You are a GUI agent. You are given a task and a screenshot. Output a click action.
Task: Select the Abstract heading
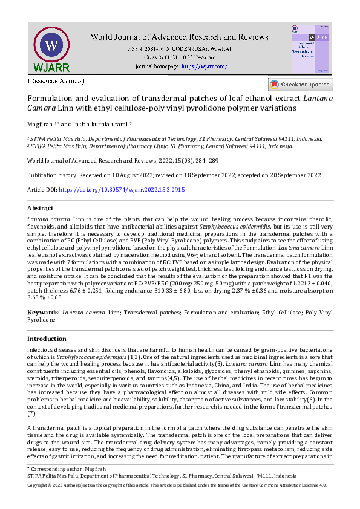(x=41, y=208)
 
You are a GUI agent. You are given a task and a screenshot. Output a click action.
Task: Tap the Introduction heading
(x=47, y=339)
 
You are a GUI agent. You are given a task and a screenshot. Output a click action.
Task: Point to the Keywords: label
(x=44, y=313)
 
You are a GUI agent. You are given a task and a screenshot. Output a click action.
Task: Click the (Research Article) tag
(x=56, y=81)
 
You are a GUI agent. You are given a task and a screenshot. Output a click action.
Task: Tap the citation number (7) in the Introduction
(x=31, y=413)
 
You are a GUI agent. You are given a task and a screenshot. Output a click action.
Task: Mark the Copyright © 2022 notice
(x=54, y=485)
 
